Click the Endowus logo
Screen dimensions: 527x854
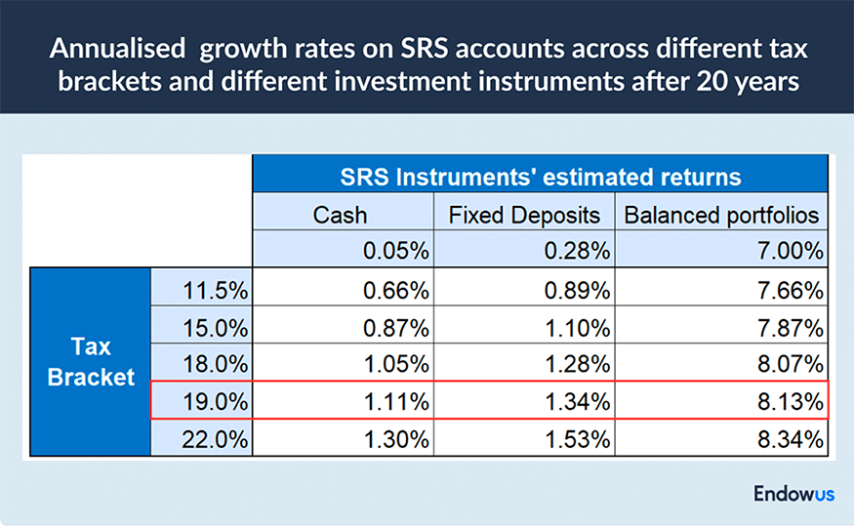[793, 494]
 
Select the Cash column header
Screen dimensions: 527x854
[341, 215]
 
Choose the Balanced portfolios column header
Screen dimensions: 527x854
[721, 215]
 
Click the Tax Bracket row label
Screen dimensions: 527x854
[91, 362]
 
